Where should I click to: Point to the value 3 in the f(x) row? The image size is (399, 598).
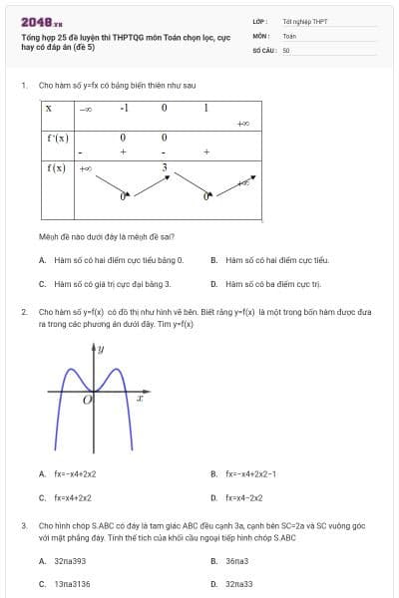tap(165, 168)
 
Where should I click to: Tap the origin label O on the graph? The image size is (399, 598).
tap(87, 400)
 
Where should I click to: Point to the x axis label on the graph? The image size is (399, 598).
tap(140, 399)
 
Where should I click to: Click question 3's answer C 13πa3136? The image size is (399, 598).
tap(72, 584)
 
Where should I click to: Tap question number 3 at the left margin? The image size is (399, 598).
tap(24, 524)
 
